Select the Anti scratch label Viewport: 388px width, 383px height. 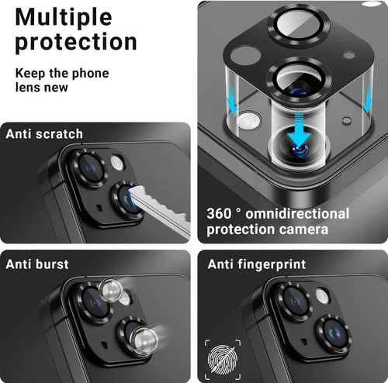pyautogui.click(x=44, y=133)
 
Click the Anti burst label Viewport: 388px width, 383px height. pyautogui.click(x=37, y=264)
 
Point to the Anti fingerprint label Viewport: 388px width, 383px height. pyautogui.click(x=256, y=264)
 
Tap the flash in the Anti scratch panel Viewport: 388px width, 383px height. pyautogui.click(x=118, y=161)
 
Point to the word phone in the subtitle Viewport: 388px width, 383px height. pyautogui.click(x=92, y=74)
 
